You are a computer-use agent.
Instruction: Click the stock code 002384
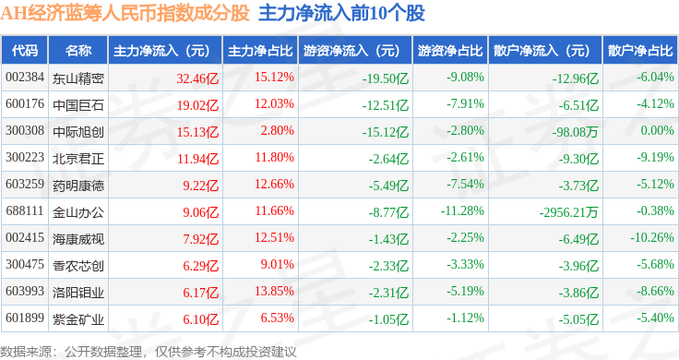[x=25, y=78]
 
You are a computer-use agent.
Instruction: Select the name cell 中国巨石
[x=77, y=105]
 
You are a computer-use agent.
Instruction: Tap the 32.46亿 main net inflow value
[x=197, y=78]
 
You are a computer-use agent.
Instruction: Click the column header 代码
[x=25, y=51]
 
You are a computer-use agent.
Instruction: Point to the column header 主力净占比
[x=260, y=51]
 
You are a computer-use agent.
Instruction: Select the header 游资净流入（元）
[x=351, y=51]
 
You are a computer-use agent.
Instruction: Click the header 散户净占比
[x=640, y=51]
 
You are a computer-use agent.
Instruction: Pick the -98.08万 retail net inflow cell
[x=575, y=132]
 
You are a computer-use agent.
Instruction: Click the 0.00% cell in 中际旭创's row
[x=658, y=130]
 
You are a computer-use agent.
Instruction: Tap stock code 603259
[x=25, y=184]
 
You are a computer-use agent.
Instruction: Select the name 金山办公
[x=77, y=212]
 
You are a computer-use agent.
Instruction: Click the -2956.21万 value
[x=568, y=212]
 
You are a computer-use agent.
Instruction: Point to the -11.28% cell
[x=462, y=211]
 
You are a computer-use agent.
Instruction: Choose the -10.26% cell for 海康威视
[x=652, y=238]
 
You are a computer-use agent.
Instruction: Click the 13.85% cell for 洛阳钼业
[x=274, y=291]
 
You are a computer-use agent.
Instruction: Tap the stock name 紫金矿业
[x=77, y=319]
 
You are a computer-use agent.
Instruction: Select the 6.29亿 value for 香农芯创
[x=200, y=266]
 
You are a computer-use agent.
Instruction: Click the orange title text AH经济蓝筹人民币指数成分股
[x=125, y=14]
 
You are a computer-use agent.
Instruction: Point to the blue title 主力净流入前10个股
[x=341, y=14]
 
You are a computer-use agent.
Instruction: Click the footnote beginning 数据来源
[x=149, y=352]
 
